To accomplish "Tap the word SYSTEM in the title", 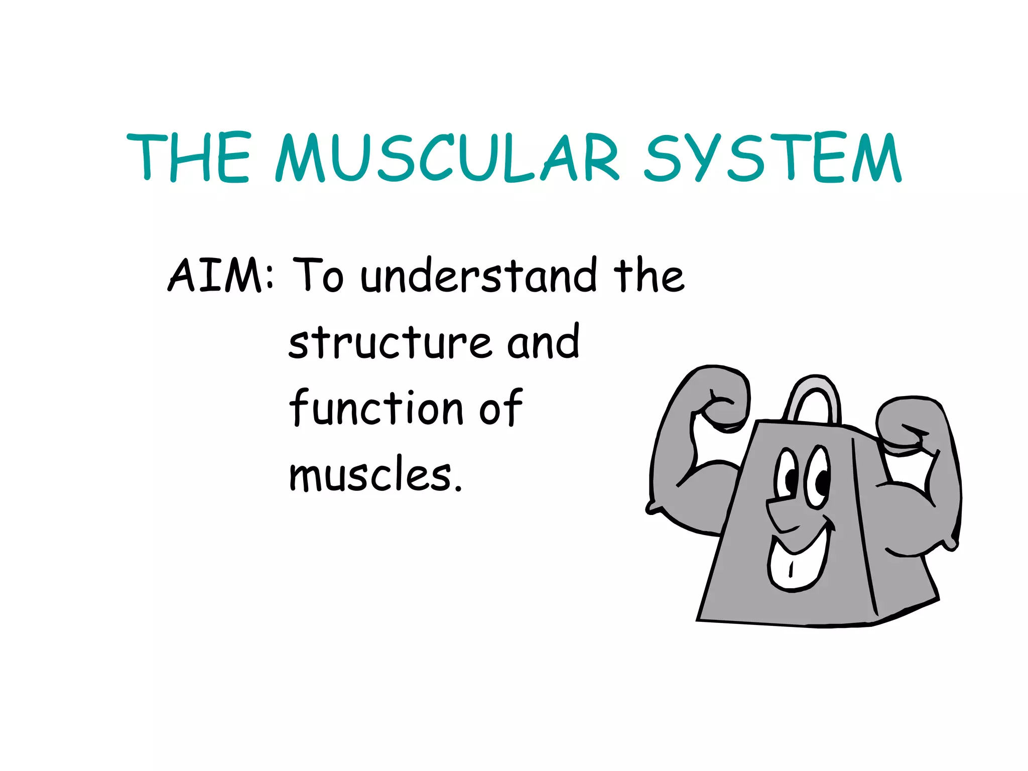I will click(773, 158).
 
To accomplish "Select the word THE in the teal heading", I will click(188, 158).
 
